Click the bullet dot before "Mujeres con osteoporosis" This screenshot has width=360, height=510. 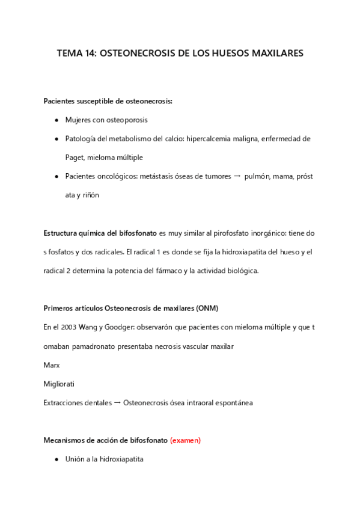point(56,120)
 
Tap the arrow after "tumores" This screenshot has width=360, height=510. point(237,176)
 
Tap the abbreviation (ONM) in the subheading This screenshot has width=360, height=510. point(207,309)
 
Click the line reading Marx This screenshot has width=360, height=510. point(52,365)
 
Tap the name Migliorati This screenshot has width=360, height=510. point(59,384)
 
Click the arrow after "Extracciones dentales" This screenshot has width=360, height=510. point(117,402)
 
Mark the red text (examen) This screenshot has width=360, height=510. point(185,440)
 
